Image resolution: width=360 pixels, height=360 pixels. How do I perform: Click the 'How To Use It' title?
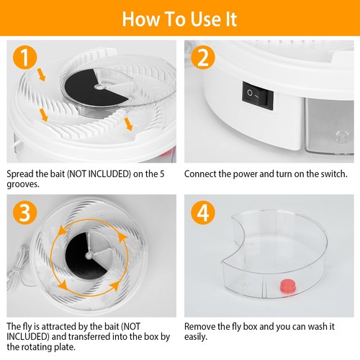tap(179, 19)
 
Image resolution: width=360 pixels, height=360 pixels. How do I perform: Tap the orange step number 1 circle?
tap(26, 57)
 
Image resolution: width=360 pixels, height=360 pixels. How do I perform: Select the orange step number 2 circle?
tap(203, 57)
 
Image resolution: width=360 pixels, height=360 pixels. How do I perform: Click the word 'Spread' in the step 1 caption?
tap(22, 174)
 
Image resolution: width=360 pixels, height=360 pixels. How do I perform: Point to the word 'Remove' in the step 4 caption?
tap(202, 325)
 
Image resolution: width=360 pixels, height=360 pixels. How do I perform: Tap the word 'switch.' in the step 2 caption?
tap(333, 174)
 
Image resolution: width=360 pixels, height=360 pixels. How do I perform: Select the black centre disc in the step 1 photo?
tap(81, 92)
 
